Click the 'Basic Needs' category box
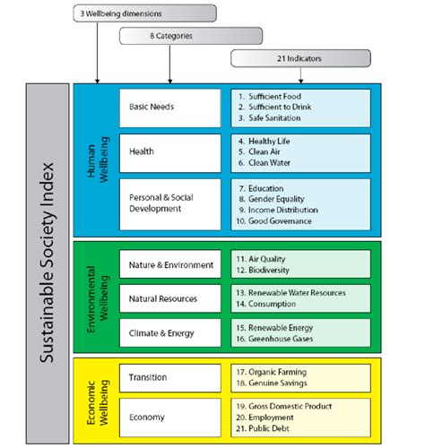[x=169, y=107]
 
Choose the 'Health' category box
[x=169, y=151]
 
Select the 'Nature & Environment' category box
[x=169, y=264]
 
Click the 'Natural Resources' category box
[x=169, y=298]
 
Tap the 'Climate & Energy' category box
[x=169, y=332]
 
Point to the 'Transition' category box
[x=169, y=376]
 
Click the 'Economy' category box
[x=169, y=417]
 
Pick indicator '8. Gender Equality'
[x=281, y=199]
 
